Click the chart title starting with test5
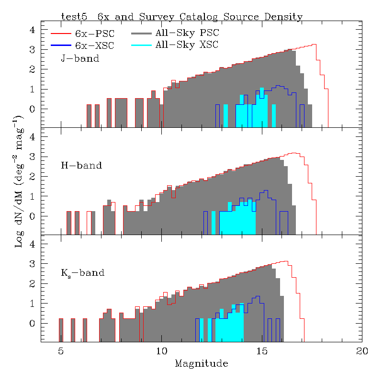[181, 17]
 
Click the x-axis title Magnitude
[201, 364]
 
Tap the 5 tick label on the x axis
[61, 351]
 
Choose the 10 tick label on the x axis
[161, 351]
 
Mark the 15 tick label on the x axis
[262, 351]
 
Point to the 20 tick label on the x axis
[362, 351]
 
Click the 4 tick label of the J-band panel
[33, 30]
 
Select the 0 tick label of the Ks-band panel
[33, 324]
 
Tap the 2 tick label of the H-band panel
[33, 177]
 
